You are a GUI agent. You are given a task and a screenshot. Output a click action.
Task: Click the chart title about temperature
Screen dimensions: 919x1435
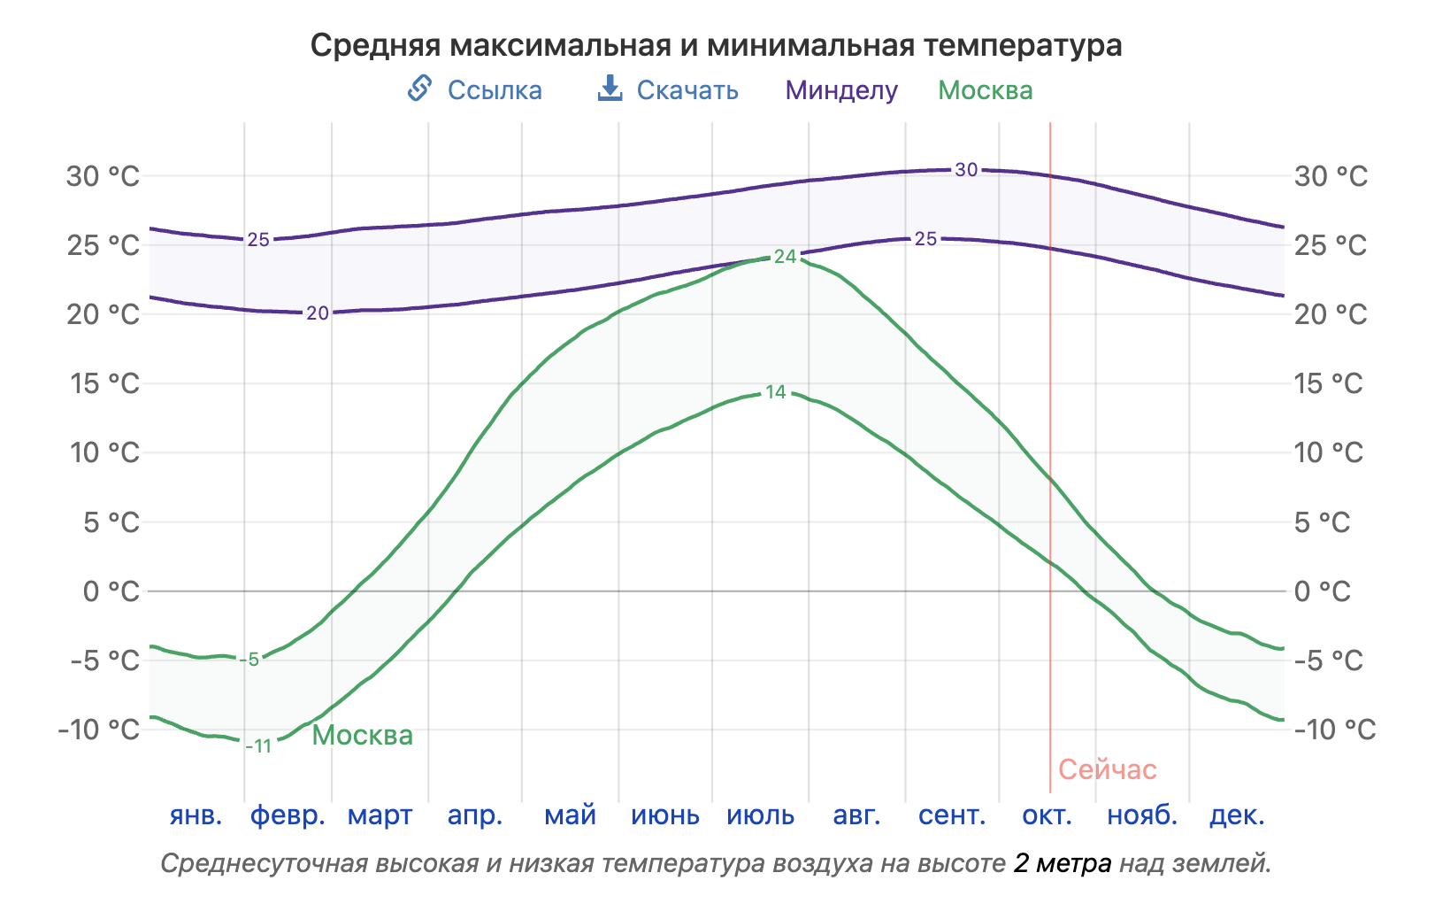(716, 45)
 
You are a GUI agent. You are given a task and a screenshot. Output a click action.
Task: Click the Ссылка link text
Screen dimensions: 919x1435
(494, 90)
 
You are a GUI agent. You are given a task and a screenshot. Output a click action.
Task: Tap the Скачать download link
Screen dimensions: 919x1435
(687, 90)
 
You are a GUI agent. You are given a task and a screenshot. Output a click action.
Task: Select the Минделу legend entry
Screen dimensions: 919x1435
(841, 90)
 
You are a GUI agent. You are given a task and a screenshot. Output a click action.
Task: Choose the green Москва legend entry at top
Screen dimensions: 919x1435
(985, 90)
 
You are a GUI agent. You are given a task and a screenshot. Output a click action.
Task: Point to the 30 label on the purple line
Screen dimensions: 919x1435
(966, 169)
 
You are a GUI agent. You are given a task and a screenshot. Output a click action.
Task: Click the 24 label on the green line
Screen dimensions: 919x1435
(785, 257)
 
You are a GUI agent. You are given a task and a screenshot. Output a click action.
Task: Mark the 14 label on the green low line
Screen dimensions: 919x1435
(775, 392)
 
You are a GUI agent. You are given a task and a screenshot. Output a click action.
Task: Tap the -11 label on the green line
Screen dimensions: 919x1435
(258, 746)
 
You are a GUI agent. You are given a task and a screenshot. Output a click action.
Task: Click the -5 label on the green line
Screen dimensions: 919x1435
(252, 660)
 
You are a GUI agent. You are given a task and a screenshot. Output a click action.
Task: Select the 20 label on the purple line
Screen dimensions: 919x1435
(318, 313)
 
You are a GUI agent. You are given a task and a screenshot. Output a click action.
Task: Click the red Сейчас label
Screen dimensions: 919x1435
(1107, 769)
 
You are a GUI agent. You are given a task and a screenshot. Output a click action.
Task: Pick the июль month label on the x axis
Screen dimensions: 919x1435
(760, 815)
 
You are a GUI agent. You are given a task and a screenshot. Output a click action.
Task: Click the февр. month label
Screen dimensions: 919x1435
(288, 815)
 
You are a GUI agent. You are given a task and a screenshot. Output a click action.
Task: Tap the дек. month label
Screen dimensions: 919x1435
(1236, 815)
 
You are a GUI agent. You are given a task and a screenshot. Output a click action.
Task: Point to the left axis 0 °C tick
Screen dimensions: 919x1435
(111, 591)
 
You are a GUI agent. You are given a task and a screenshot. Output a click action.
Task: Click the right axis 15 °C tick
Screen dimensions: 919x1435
(1328, 383)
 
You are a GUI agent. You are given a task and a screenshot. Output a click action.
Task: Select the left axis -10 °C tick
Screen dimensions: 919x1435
(99, 730)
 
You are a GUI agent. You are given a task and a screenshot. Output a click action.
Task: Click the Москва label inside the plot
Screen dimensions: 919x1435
(363, 735)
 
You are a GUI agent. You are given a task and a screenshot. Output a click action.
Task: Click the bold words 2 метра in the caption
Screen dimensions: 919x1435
(1062, 863)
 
